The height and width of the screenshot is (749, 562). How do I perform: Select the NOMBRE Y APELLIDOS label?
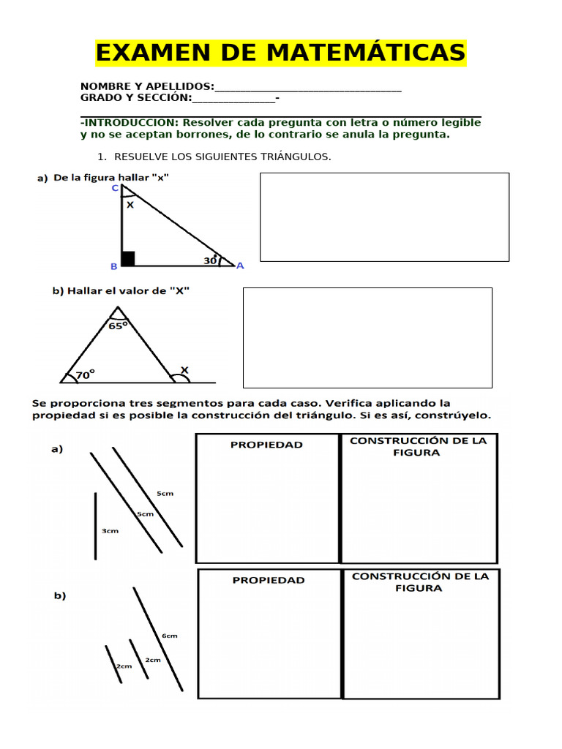[x=147, y=86]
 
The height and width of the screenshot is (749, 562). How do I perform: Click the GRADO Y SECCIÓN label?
[x=135, y=97]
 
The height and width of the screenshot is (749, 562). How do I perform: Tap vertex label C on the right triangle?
[x=115, y=188]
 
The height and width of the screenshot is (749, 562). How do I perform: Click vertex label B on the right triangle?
[x=113, y=267]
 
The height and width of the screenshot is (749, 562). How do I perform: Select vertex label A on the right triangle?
[x=240, y=266]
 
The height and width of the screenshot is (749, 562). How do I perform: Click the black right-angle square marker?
[x=128, y=258]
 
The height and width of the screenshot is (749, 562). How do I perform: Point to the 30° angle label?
[x=211, y=260]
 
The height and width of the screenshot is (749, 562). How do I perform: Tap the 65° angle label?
[x=118, y=325]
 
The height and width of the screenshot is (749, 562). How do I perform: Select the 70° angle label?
[x=86, y=375]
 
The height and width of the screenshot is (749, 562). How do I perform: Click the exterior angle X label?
[x=184, y=371]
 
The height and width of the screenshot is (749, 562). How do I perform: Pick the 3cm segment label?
[x=110, y=531]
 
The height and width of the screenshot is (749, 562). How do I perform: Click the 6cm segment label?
[x=170, y=636]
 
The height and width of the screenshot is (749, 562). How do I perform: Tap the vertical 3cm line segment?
[x=95, y=526]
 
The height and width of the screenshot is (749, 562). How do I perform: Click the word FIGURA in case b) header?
[x=419, y=588]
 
